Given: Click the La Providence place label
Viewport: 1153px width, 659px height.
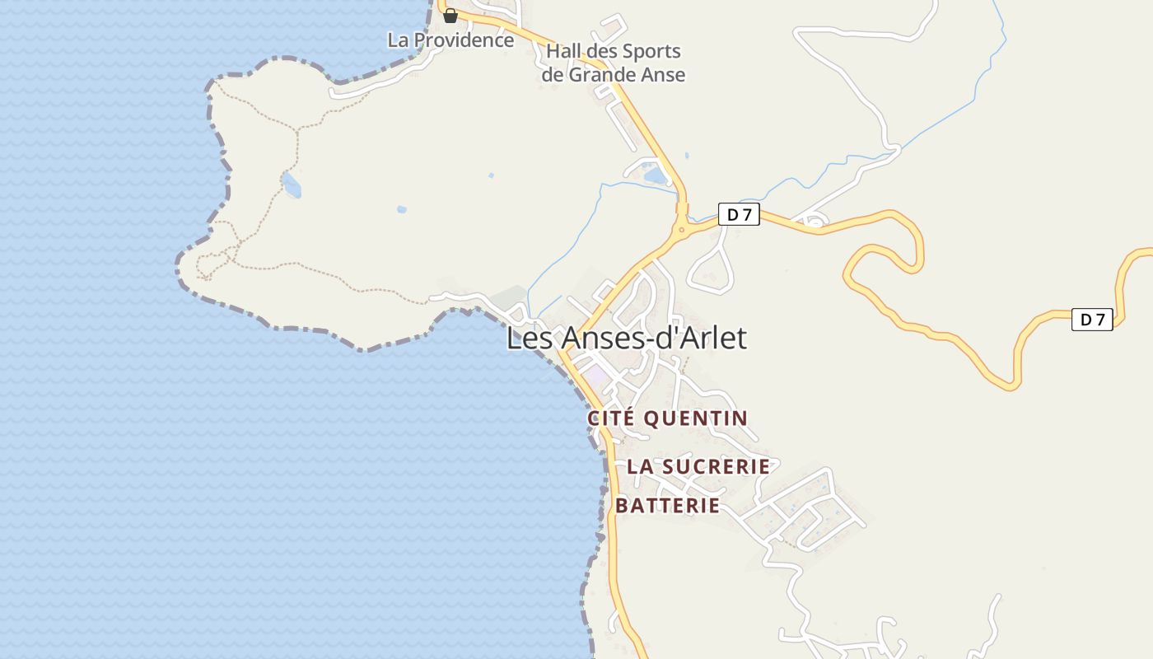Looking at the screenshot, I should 450,40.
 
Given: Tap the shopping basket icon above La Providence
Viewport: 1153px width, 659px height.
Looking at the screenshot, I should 450,16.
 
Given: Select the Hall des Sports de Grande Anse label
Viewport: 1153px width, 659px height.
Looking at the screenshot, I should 614,63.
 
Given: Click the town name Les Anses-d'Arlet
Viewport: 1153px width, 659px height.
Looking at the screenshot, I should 626,338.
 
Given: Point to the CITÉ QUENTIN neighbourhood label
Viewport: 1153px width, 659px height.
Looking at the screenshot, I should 667,418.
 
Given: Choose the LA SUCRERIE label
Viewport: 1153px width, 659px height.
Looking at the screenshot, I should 698,466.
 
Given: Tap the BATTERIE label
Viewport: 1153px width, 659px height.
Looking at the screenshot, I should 668,506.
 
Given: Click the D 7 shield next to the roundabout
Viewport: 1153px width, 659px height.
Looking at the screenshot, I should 739,215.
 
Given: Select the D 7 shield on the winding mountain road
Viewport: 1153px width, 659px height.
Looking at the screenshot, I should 1092,320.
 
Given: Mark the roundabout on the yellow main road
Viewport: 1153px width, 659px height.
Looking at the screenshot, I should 681,229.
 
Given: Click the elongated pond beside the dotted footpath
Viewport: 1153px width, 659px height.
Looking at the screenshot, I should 291,185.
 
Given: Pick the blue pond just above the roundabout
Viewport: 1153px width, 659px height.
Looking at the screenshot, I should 656,175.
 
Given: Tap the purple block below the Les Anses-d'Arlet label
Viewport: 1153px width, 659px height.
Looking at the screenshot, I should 597,376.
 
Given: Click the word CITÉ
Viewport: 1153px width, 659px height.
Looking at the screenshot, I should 611,418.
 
